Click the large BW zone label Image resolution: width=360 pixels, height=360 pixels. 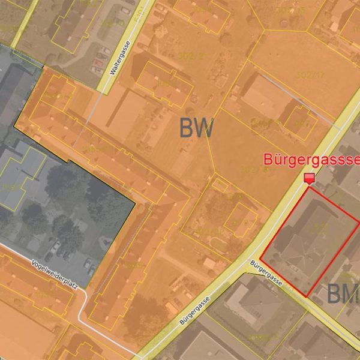pyautogui.click(x=196, y=128)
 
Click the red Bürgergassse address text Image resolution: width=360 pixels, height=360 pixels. pyautogui.click(x=311, y=160)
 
